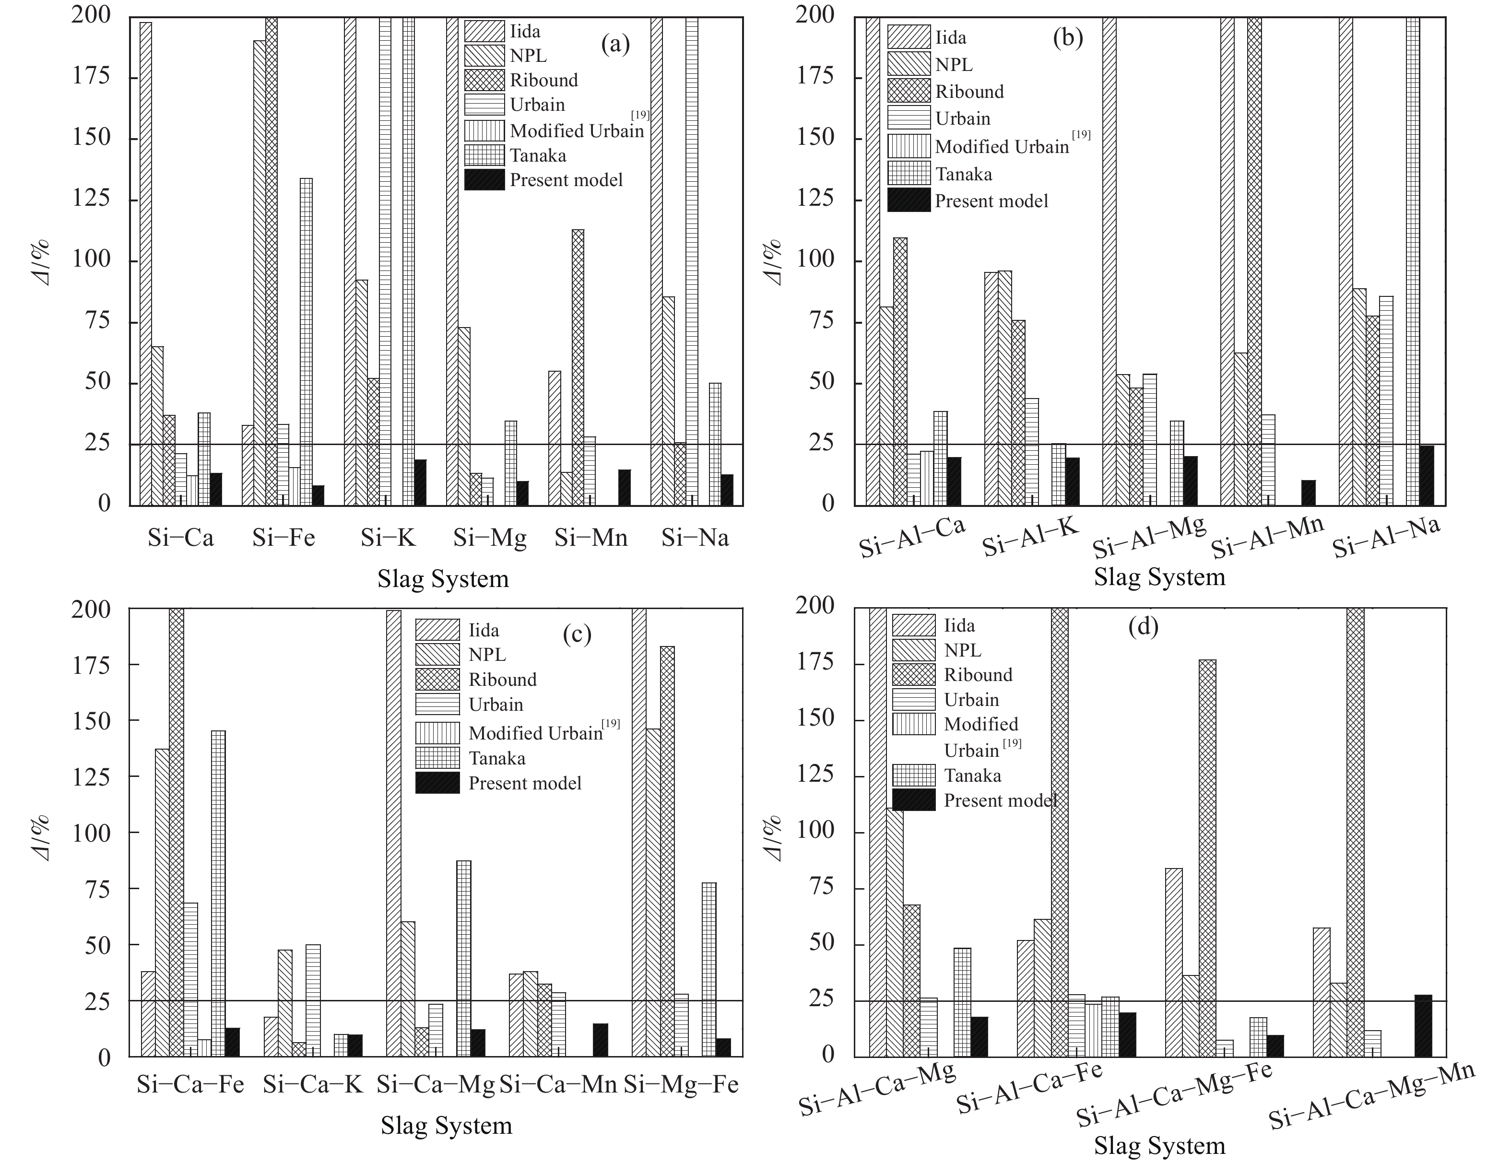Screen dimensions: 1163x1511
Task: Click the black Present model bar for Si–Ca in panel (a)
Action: click(216, 489)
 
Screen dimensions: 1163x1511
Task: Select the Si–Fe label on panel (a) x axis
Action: click(283, 538)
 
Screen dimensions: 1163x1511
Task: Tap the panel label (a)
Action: click(615, 44)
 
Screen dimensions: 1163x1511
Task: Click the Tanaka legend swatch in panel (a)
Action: click(484, 155)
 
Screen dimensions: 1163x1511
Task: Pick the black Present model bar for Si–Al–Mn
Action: click(1308, 493)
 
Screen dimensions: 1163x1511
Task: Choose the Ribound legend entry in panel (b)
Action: click(968, 91)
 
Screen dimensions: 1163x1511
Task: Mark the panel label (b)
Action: click(1067, 37)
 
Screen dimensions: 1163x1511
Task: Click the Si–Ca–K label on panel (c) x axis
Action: click(313, 1084)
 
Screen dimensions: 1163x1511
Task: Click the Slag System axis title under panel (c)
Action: click(446, 1125)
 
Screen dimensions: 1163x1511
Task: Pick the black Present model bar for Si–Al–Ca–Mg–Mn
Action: click(1423, 1026)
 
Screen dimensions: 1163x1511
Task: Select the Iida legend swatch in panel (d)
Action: click(913, 625)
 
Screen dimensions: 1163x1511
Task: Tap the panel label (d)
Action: click(1143, 626)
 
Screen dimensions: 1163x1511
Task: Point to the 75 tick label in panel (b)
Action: click(823, 322)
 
